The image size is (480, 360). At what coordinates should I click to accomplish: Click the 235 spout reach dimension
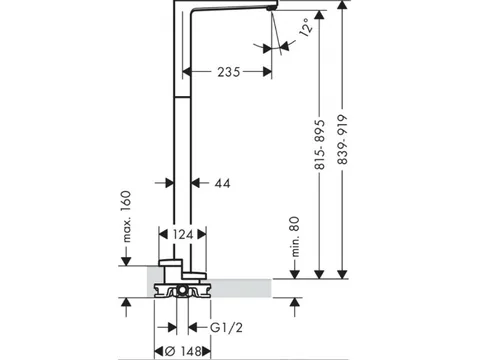point(229,72)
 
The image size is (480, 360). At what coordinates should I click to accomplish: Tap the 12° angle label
point(306,27)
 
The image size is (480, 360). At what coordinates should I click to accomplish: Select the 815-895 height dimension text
point(320,145)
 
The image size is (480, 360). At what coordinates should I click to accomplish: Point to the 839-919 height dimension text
point(342,140)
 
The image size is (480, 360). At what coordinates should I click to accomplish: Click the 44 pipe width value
point(222,183)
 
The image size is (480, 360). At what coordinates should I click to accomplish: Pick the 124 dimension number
point(183,235)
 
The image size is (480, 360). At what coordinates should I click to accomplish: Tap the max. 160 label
point(126,216)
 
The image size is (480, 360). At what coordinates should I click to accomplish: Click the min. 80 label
point(295,237)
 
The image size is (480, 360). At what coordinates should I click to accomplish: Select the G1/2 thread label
point(226,328)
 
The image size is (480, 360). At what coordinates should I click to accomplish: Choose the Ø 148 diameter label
point(184,351)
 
